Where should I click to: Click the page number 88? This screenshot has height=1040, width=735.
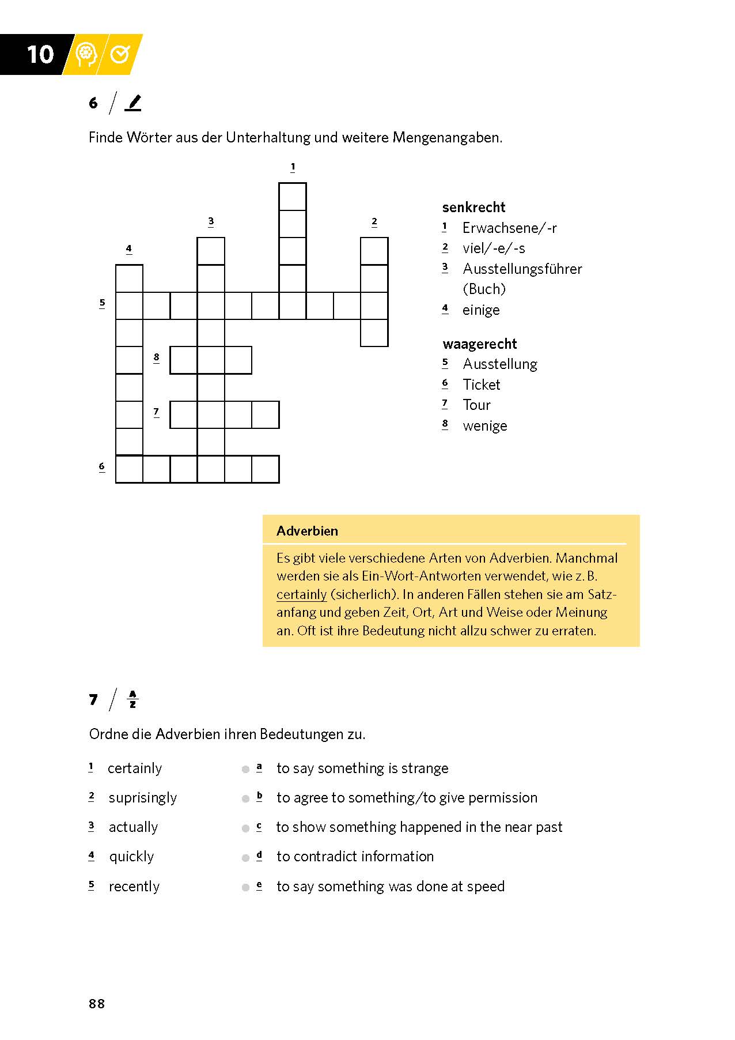pos(97,1004)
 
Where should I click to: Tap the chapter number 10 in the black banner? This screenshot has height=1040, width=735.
pos(40,55)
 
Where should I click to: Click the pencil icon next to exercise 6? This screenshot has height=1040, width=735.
pos(134,103)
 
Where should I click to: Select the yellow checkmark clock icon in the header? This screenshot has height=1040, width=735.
pos(120,54)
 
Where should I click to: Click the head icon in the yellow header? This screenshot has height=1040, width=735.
pos(86,54)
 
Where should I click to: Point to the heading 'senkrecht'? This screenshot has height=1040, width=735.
pos(473,208)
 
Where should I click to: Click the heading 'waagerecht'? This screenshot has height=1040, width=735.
pos(480,344)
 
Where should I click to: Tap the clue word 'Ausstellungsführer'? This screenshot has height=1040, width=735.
pos(522,269)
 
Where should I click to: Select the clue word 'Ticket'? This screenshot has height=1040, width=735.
pos(482,385)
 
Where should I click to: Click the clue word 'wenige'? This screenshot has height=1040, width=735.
pos(485,426)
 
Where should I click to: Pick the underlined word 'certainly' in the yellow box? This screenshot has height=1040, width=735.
pos(301,594)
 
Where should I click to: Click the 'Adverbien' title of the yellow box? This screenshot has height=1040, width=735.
pos(307,531)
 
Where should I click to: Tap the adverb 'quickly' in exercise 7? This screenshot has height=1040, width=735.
pos(131,857)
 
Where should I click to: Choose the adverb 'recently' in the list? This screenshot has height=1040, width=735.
pos(134,887)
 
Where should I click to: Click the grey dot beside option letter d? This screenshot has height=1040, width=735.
pos(245,858)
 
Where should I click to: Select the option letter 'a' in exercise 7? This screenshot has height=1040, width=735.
pos(259,767)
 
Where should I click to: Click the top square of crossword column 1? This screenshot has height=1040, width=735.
pos(293,197)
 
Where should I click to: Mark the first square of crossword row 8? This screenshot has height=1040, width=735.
pos(184,360)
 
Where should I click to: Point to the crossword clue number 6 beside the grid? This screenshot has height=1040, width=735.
pos(102,466)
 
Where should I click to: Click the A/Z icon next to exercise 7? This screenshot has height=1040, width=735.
pos(132,699)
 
